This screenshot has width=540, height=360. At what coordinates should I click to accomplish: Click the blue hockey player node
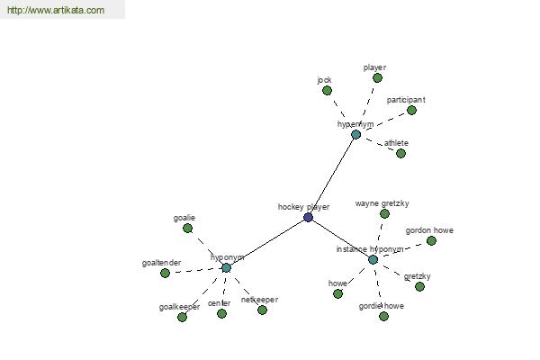pos(308,218)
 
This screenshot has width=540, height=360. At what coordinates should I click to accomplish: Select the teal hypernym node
pos(356,134)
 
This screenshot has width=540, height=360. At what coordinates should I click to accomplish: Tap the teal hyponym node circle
pos(226,267)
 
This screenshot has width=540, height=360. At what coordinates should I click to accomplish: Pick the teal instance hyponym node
pos(373,259)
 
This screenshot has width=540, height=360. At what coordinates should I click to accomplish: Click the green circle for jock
pos(328,91)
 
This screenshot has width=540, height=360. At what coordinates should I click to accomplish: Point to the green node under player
pos(377,78)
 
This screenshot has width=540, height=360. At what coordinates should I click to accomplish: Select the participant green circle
pos(411,110)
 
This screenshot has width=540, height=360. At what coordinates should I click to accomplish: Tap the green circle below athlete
pos(400,153)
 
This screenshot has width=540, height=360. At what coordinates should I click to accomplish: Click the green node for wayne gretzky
pos(384,214)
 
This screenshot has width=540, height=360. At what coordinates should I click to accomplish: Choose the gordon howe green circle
pos(431,241)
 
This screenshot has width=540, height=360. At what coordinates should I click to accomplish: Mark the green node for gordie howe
pos(384,316)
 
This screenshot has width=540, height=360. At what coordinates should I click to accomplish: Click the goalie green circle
pos(188,228)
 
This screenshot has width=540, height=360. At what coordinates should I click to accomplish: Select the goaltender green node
pos(166,274)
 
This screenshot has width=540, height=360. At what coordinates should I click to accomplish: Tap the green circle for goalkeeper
pos(182,317)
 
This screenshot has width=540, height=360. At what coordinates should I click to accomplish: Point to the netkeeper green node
pos(263,310)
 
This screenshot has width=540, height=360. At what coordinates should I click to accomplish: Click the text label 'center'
pos(219,303)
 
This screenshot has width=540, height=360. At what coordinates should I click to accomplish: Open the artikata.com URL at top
pos(56,10)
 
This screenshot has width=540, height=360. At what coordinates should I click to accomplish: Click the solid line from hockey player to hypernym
pos(332,175)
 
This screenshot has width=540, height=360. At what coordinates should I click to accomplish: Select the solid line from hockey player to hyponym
pos(267,242)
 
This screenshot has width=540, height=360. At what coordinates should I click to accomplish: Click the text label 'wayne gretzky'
pos(382,203)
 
